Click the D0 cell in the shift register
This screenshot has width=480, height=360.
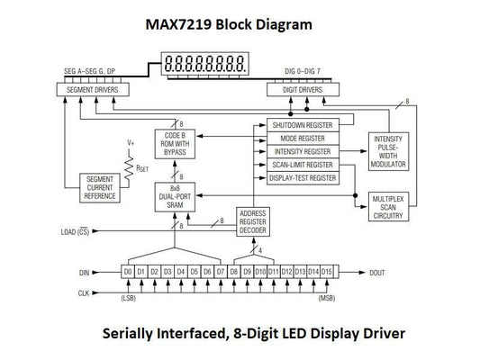coord(128,271)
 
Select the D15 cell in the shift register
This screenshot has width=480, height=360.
coord(326,271)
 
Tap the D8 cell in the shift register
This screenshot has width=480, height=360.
coord(233,271)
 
